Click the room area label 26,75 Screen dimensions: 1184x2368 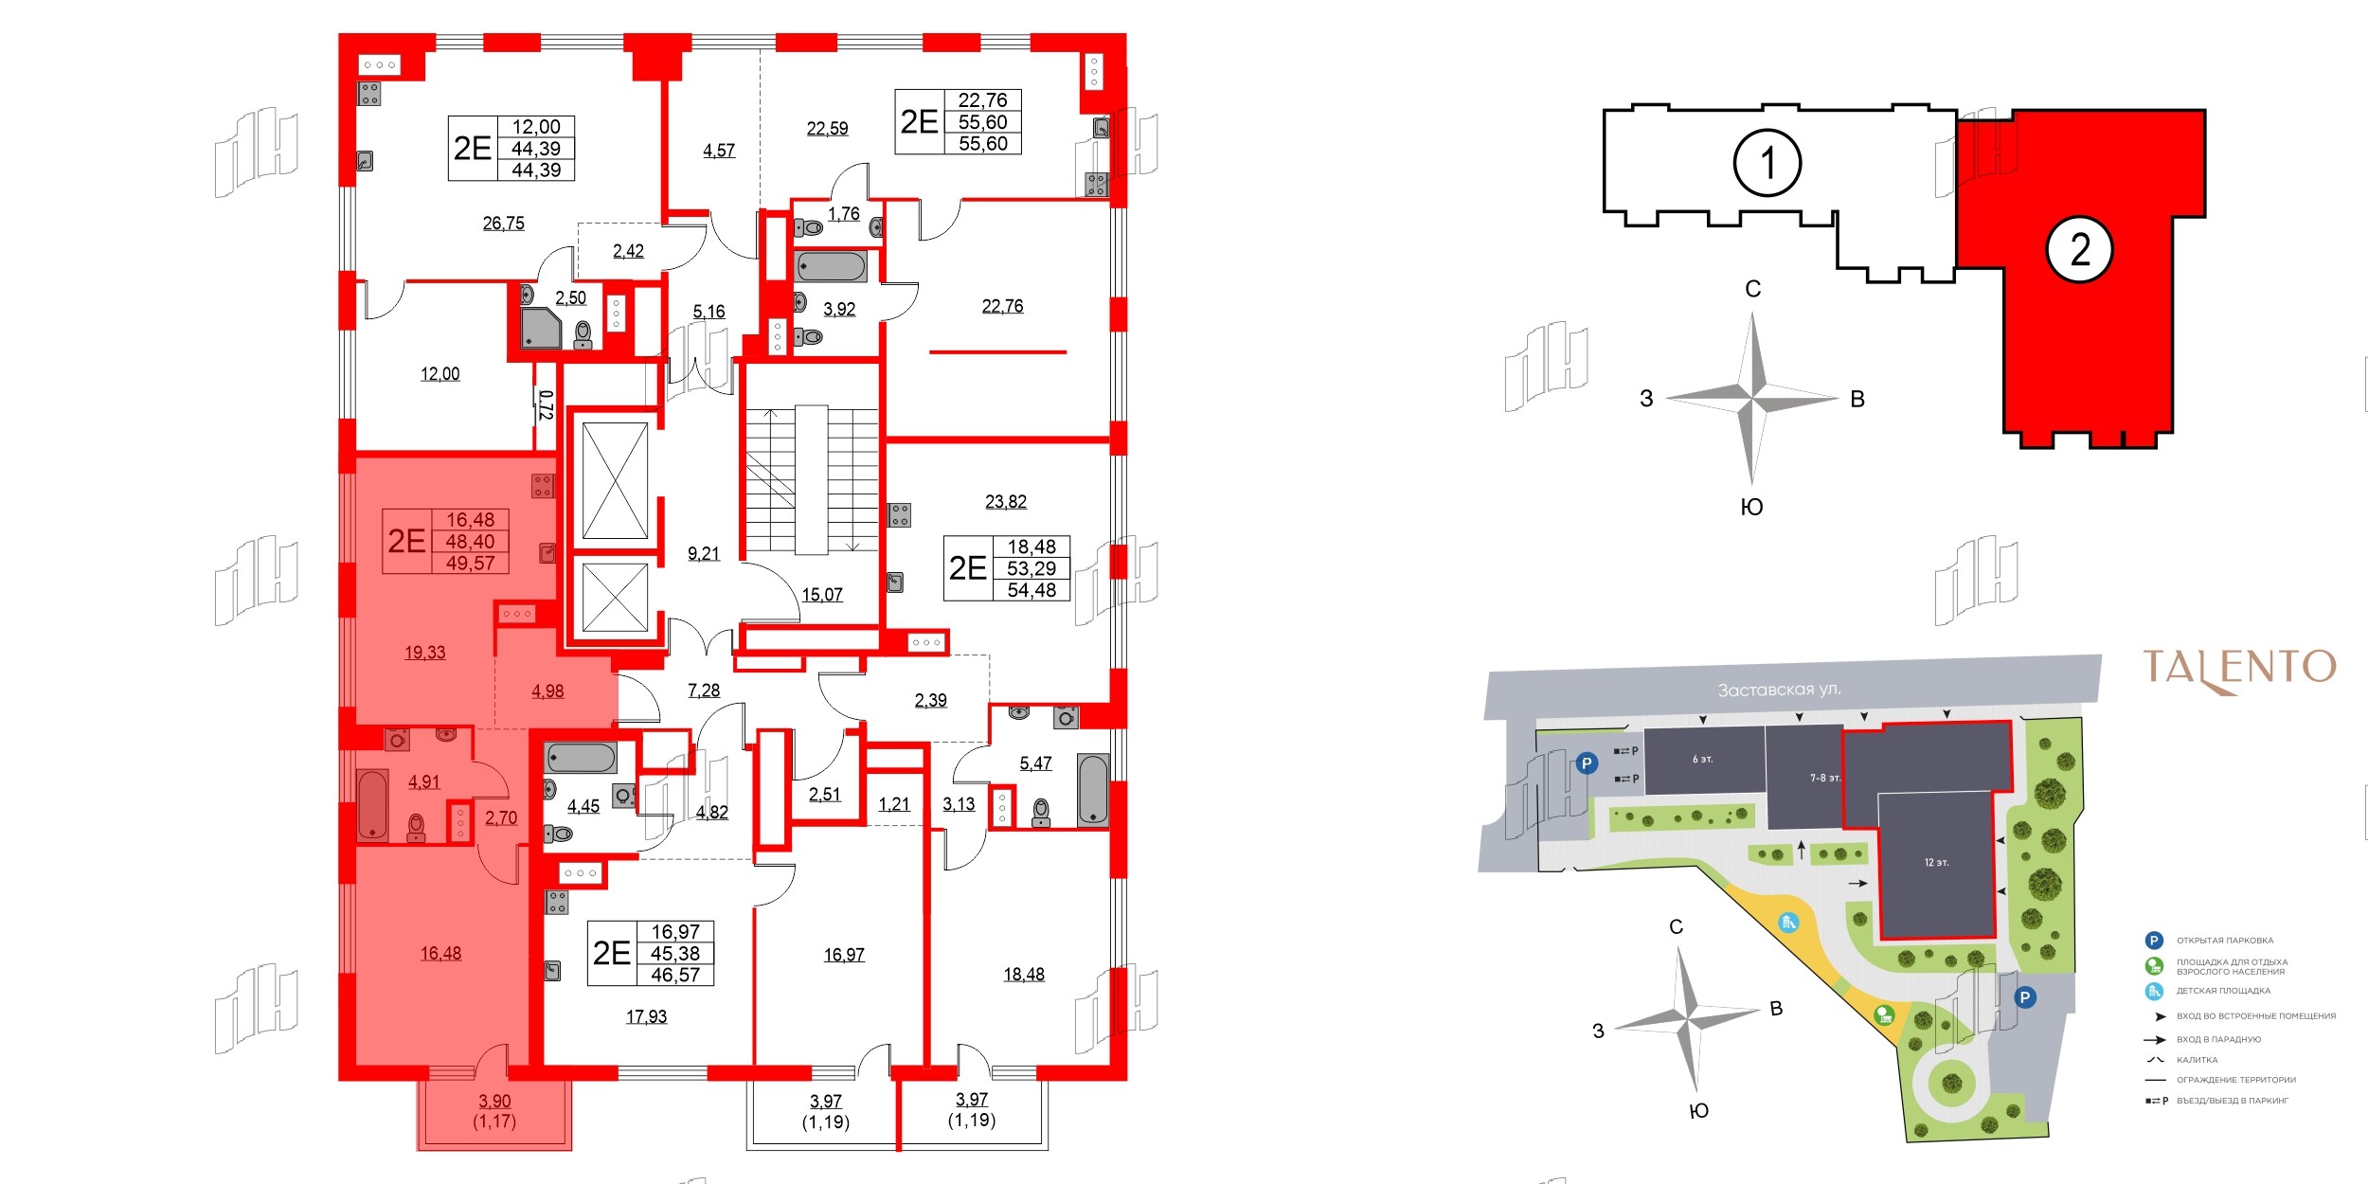pyautogui.click(x=503, y=224)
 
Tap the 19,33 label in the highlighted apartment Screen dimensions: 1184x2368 pyautogui.click(x=424, y=653)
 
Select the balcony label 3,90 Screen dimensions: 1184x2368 pyautogui.click(x=494, y=1102)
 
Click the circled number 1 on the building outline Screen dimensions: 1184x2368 pyautogui.click(x=1767, y=163)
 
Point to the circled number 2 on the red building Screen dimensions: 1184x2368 pyautogui.click(x=2079, y=250)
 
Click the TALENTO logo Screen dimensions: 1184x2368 pyautogui.click(x=2239, y=669)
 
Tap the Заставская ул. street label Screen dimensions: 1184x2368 pyautogui.click(x=1779, y=690)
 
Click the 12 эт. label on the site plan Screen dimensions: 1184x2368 pyautogui.click(x=1936, y=863)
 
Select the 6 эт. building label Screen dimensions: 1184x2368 pyautogui.click(x=1702, y=760)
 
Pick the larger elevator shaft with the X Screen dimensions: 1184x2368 pyautogui.click(x=615, y=480)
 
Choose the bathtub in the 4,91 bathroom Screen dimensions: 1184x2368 pyautogui.click(x=372, y=805)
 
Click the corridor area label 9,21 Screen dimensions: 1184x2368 pyautogui.click(x=704, y=554)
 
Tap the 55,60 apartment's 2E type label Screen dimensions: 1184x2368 pyautogui.click(x=919, y=122)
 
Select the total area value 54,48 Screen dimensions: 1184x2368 pyautogui.click(x=1032, y=590)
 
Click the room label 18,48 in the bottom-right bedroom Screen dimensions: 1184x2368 pyautogui.click(x=1024, y=975)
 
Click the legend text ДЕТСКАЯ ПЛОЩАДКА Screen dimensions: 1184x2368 pyautogui.click(x=2223, y=991)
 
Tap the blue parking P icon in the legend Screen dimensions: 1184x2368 pyautogui.click(x=2154, y=941)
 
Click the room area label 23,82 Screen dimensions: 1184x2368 pyautogui.click(x=1006, y=502)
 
